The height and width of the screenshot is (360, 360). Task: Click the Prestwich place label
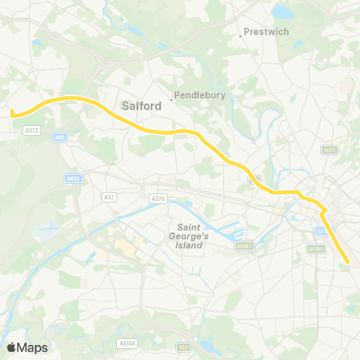pyautogui.click(x=263, y=33)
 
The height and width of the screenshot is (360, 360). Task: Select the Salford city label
pyautogui.click(x=141, y=106)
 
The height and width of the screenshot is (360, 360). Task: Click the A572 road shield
pyautogui.click(x=33, y=130)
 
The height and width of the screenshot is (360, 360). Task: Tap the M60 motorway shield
pyautogui.click(x=61, y=137)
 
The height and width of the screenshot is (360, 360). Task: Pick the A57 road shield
pyautogui.click(x=109, y=196)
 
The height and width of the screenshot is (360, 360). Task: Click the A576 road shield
pyautogui.click(x=157, y=199)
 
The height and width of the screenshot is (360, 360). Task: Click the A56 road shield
pyautogui.click(x=184, y=346)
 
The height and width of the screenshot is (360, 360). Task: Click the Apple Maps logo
pyautogui.click(x=27, y=347)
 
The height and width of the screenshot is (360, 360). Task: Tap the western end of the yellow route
pyautogui.click(x=13, y=113)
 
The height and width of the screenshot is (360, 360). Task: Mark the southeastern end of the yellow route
pyautogui.click(x=349, y=262)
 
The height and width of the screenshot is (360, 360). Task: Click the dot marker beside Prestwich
pyautogui.click(x=241, y=34)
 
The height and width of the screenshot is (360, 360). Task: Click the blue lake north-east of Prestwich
pyautogui.click(x=284, y=12)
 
